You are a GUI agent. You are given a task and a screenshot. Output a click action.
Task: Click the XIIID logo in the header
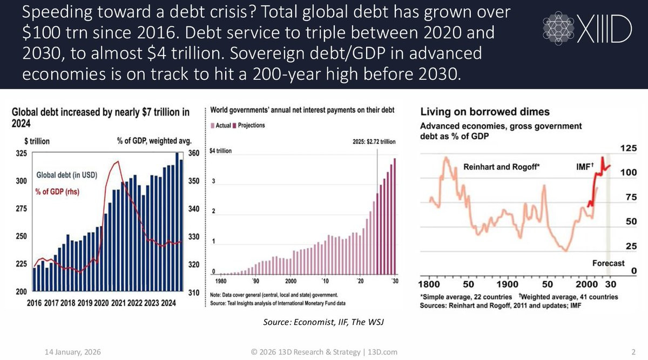coord(586,29)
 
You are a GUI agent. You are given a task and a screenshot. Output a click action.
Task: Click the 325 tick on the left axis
coord(20,153)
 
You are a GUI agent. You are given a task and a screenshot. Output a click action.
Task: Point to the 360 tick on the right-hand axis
coord(194,153)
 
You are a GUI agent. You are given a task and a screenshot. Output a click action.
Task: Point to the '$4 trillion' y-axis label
coord(221,151)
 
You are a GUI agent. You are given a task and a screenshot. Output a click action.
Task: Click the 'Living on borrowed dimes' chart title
coord(485,112)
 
